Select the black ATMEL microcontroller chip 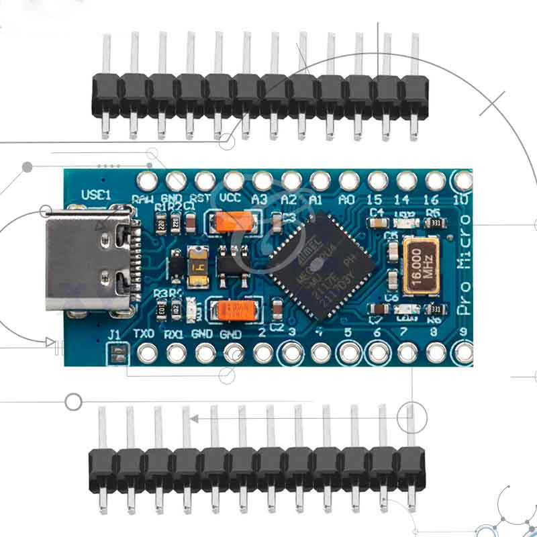point(322,259)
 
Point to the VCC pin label point(230,199)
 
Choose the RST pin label point(200,199)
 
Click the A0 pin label point(347,199)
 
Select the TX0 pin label point(144,334)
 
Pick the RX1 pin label point(174,334)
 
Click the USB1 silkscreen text point(95,195)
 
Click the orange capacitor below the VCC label point(236,222)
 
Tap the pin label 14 point(403,199)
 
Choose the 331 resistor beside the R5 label point(435,222)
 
